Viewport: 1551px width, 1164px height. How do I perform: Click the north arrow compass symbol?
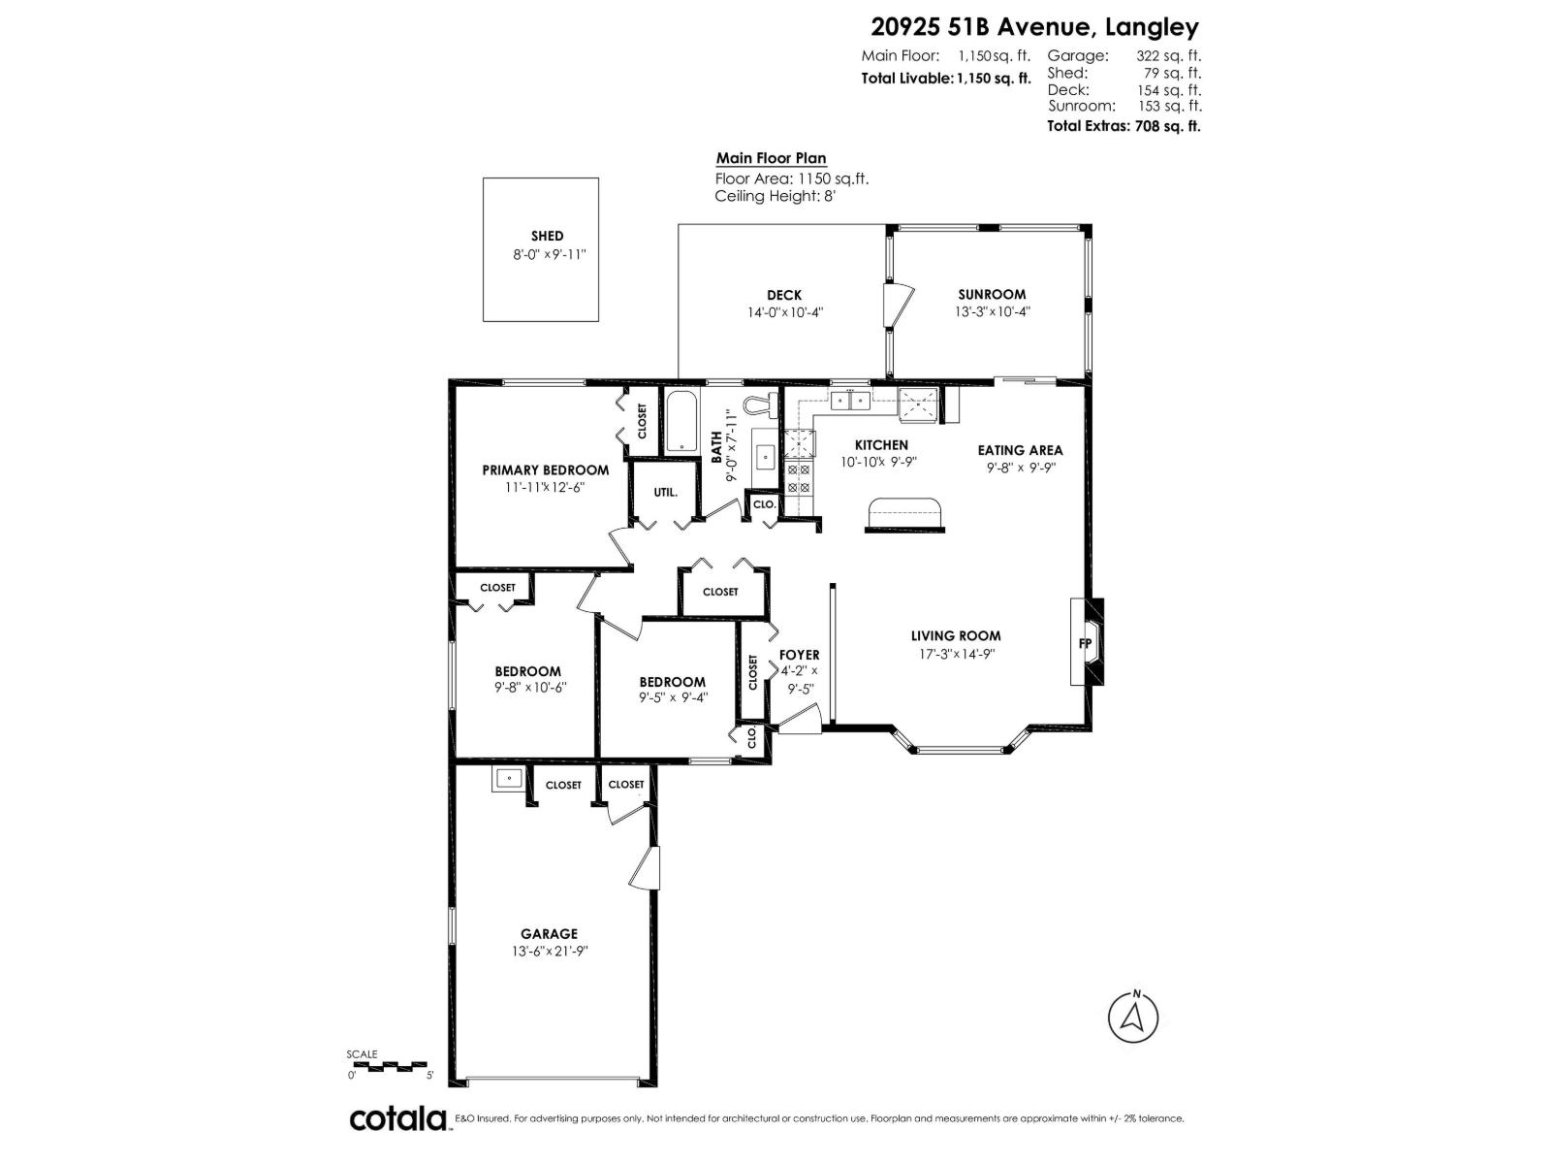click(1132, 1043)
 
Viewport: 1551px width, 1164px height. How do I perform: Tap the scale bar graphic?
click(389, 1066)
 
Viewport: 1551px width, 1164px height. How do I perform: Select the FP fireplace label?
click(1085, 643)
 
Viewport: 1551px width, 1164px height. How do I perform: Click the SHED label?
click(547, 236)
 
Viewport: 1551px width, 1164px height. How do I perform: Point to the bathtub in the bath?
click(681, 420)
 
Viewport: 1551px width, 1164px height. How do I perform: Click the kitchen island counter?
click(905, 514)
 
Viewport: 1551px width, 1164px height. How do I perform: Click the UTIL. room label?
click(665, 493)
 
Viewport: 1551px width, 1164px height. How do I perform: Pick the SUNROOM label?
click(992, 294)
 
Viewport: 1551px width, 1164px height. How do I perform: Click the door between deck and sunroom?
click(896, 307)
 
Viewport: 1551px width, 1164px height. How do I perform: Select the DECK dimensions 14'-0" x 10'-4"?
click(784, 312)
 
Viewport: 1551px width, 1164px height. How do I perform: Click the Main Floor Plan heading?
click(771, 158)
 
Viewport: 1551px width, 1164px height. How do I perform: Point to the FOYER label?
click(799, 655)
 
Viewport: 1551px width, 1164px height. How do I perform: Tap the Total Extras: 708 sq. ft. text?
click(1124, 125)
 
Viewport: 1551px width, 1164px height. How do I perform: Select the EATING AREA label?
click(1020, 450)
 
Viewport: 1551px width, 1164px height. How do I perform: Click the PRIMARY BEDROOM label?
click(546, 469)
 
